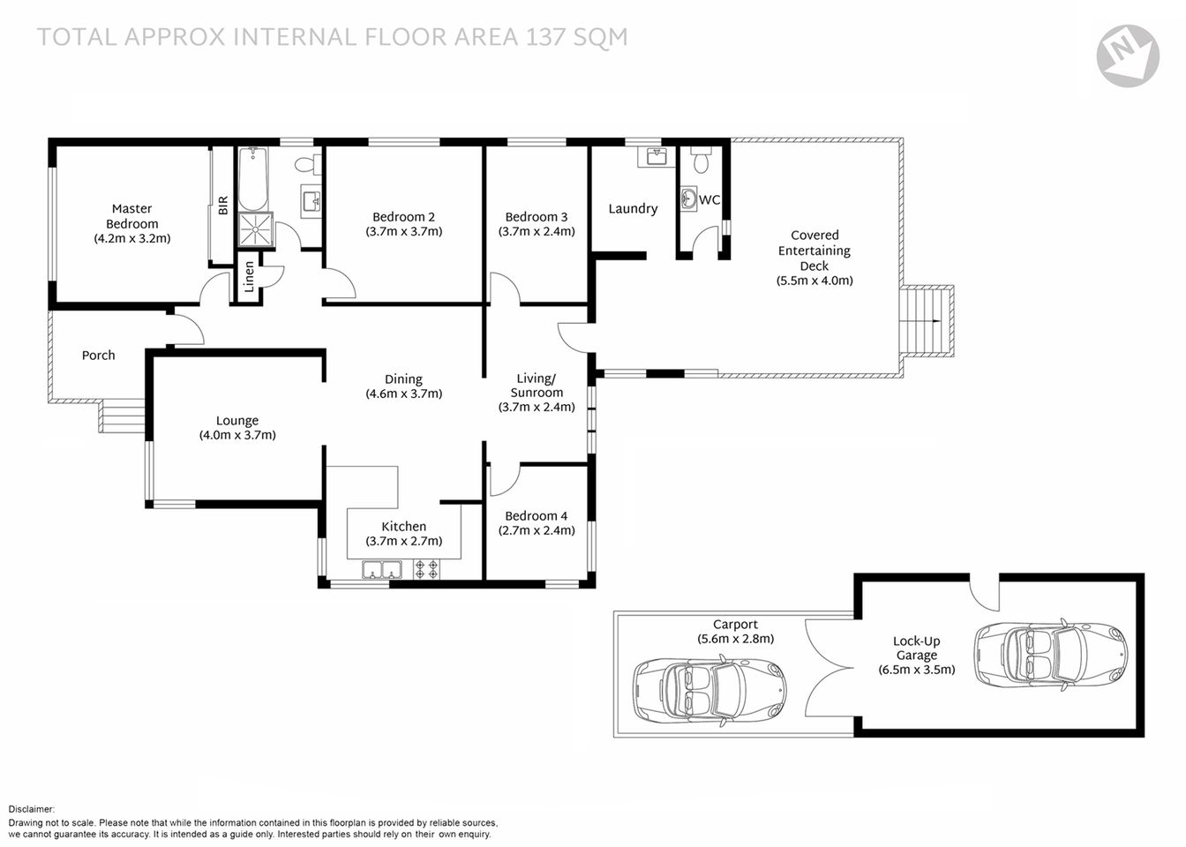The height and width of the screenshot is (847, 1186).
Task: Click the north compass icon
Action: (1127, 55)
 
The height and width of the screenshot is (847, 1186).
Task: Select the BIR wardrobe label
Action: (222, 206)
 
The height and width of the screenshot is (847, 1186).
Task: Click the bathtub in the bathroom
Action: (254, 177)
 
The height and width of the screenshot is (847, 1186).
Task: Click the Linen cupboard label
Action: (249, 277)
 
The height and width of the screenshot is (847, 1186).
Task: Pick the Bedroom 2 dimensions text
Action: (403, 232)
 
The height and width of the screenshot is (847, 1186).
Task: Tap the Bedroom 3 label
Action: (537, 217)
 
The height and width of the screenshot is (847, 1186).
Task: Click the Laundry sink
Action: (655, 157)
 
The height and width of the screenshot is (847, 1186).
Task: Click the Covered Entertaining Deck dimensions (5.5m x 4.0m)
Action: (814, 281)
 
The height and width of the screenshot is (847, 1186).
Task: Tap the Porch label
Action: (98, 356)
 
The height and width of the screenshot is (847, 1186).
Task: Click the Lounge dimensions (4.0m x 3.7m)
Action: (237, 435)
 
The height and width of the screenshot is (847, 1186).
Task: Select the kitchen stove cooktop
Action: (427, 570)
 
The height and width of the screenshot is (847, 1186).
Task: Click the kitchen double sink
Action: (381, 570)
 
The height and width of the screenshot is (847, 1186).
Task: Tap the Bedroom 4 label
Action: (537, 516)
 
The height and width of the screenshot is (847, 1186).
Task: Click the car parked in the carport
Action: (708, 690)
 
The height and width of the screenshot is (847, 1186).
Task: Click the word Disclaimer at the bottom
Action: (32, 809)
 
